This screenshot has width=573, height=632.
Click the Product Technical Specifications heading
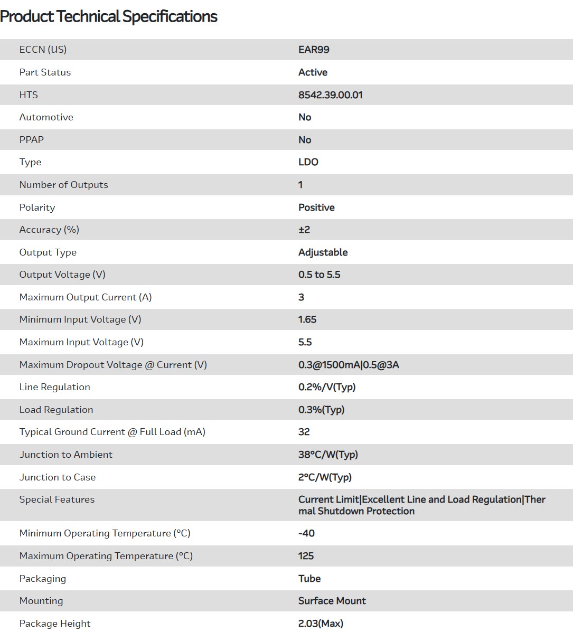(109, 16)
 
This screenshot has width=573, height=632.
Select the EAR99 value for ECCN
(314, 50)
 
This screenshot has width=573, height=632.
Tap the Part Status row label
(45, 72)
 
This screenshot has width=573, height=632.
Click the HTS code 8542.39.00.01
(330, 95)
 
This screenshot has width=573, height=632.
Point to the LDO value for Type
(308, 162)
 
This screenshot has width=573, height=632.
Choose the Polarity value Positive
(316, 207)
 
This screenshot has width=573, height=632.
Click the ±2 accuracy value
(304, 230)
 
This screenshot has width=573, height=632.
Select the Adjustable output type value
(323, 252)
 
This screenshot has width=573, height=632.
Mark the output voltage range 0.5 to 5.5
(319, 275)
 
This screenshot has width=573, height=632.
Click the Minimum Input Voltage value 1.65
(307, 319)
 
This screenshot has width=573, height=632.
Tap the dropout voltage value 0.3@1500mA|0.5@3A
(349, 365)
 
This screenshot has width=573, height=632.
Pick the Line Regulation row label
(54, 387)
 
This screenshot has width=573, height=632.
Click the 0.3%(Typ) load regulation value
(321, 410)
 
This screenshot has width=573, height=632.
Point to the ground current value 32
(304, 432)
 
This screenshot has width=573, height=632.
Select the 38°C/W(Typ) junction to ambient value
(328, 455)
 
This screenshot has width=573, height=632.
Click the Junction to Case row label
(58, 477)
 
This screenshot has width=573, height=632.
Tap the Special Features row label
(57, 499)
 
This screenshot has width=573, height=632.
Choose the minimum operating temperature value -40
(306, 533)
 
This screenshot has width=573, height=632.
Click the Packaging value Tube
(309, 579)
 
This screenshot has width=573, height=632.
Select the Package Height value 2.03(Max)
(321, 624)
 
